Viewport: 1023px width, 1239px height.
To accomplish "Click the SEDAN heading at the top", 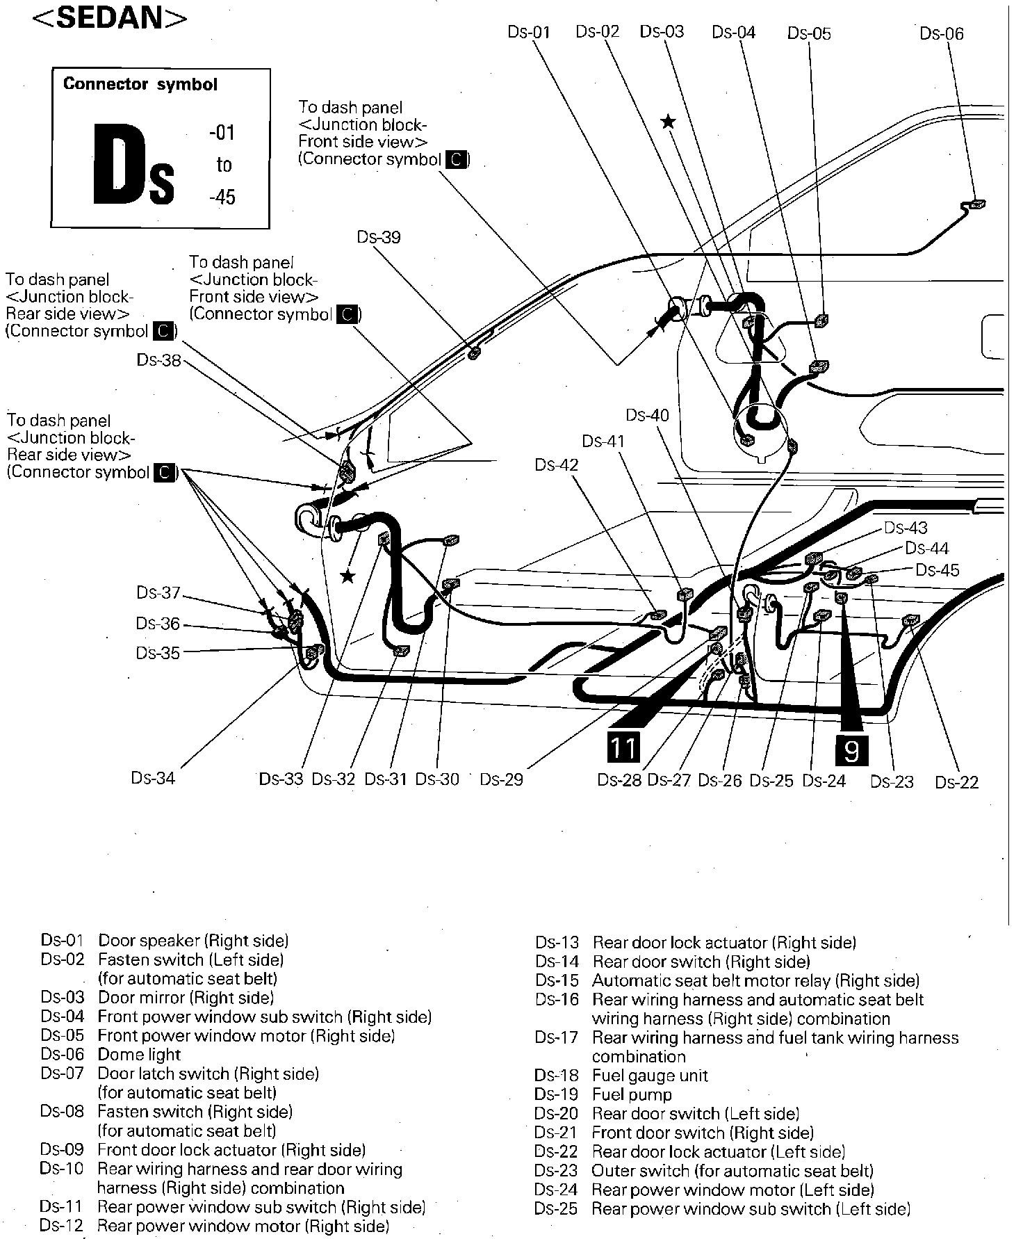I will [x=110, y=17].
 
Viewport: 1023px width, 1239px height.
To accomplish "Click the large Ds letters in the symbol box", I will [x=133, y=165].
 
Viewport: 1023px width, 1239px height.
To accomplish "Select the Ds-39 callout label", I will [x=379, y=237].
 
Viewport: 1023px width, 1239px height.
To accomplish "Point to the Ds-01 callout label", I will [x=529, y=32].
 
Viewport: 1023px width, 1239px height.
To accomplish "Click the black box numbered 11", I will [x=622, y=748].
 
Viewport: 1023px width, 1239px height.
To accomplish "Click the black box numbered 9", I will [x=851, y=750].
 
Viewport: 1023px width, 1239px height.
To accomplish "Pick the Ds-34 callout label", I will [x=153, y=777].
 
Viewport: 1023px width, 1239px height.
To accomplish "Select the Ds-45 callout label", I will [x=937, y=570].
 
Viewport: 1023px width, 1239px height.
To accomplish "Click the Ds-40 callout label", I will [x=647, y=415].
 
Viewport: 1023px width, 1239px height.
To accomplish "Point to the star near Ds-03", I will [x=668, y=122].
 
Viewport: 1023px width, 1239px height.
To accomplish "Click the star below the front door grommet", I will [x=347, y=576].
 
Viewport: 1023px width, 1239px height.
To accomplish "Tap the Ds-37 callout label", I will [x=158, y=592].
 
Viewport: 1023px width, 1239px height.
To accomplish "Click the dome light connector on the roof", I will [x=976, y=204].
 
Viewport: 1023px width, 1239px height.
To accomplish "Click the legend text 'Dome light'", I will [x=139, y=1054].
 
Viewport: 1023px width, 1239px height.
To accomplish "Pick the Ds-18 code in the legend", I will [x=556, y=1076].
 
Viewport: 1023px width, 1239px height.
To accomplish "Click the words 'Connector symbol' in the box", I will [x=140, y=84].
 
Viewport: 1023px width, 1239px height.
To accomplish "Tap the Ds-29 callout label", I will [x=501, y=779].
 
